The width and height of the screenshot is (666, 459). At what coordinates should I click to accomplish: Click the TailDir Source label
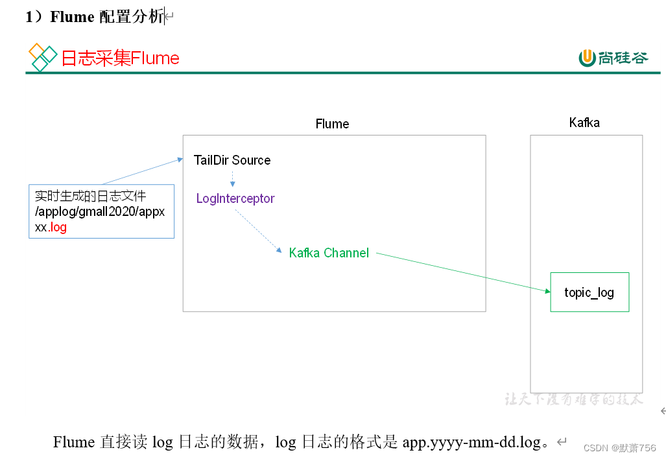click(x=232, y=160)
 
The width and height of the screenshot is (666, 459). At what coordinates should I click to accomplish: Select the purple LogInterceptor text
click(x=235, y=198)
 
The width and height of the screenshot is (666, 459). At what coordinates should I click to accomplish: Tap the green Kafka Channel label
click(x=329, y=253)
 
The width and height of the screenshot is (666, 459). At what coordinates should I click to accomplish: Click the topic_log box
click(x=589, y=292)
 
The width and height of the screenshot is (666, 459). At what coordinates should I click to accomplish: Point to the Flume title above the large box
click(x=332, y=124)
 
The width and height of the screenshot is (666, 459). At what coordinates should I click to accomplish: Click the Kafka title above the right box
click(x=584, y=123)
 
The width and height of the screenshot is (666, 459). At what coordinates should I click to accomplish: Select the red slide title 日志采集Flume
click(x=120, y=58)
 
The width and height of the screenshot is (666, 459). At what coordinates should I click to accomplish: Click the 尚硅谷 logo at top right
click(x=613, y=58)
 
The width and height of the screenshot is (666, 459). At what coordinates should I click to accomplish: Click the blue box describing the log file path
click(x=101, y=211)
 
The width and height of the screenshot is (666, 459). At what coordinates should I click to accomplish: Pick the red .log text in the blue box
click(x=58, y=228)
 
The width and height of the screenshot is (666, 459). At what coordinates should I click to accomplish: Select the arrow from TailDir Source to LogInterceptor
click(x=232, y=178)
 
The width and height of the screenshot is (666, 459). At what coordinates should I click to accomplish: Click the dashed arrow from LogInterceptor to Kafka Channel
click(x=258, y=230)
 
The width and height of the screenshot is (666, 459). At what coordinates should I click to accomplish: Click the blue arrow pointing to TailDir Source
click(x=143, y=171)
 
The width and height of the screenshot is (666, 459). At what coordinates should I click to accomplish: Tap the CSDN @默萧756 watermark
click(x=619, y=448)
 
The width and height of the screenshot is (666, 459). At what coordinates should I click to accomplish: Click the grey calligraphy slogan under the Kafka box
click(x=574, y=399)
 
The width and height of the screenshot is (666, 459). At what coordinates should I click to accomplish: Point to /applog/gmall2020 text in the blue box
click(x=81, y=211)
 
